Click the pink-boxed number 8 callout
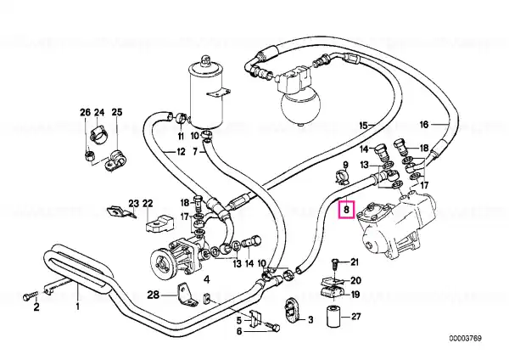(x=346, y=210)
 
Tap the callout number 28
(x=154, y=295)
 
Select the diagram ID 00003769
(x=466, y=338)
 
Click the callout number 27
(x=356, y=316)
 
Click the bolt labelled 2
(x=28, y=296)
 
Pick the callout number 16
(x=424, y=125)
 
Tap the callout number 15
(x=364, y=125)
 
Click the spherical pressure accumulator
(x=300, y=106)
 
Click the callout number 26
(x=85, y=112)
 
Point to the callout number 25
(x=117, y=112)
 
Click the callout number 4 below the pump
(x=207, y=278)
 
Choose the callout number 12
(x=181, y=152)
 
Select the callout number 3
(x=310, y=320)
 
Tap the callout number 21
(x=354, y=262)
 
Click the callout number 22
(x=148, y=204)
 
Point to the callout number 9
(x=345, y=165)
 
